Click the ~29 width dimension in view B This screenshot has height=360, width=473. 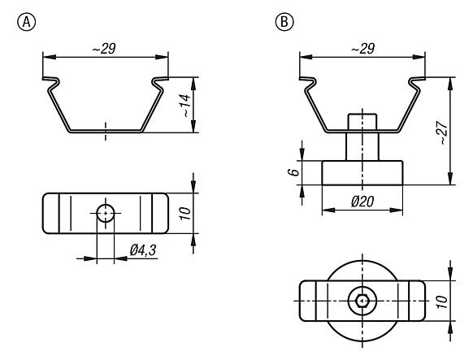click(x=362, y=50)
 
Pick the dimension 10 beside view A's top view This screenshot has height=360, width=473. click(x=184, y=213)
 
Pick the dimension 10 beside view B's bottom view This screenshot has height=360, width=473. click(x=441, y=301)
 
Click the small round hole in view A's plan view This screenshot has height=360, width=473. click(x=106, y=214)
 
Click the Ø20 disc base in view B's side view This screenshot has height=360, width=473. click(x=362, y=172)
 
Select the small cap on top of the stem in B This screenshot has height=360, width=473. click(x=362, y=121)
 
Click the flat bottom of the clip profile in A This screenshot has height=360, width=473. click(x=106, y=130)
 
